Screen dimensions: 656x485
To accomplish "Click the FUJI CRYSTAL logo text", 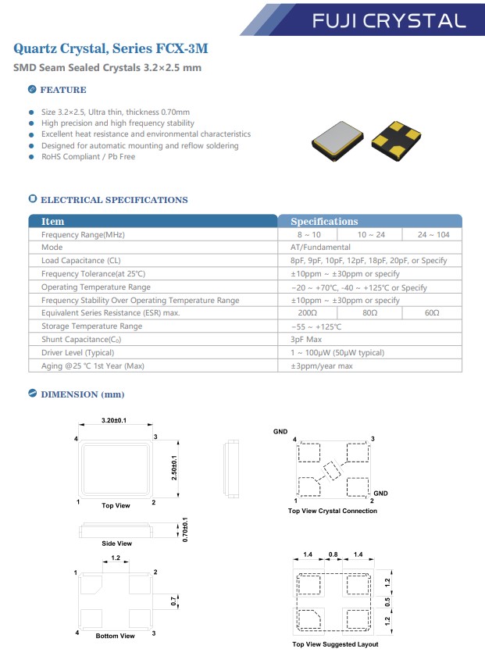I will tap(387, 20).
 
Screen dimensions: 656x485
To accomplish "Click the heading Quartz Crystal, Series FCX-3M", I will tap(111, 48).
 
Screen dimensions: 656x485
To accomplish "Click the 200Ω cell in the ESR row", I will tap(308, 313).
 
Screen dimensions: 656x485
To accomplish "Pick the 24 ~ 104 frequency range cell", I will tap(431, 234).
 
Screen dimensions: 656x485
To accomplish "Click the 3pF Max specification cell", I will tap(306, 340).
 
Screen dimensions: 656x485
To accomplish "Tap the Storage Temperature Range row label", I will tap(91, 326).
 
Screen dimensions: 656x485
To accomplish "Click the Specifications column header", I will tap(324, 221).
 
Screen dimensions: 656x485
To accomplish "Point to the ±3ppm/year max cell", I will tap(322, 366).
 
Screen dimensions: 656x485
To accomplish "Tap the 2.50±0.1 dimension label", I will tap(174, 467).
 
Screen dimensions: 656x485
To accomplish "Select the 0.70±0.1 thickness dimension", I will tap(185, 531).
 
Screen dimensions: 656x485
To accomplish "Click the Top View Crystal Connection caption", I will tap(332, 511).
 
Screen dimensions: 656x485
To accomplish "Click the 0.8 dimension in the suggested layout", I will tap(333, 554).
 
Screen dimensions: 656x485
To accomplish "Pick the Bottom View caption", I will tap(115, 636).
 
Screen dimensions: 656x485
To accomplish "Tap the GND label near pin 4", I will tap(280, 431).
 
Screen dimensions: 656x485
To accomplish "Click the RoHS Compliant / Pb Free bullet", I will tap(88, 157).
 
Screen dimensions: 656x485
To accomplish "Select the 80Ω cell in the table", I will tap(369, 313).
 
